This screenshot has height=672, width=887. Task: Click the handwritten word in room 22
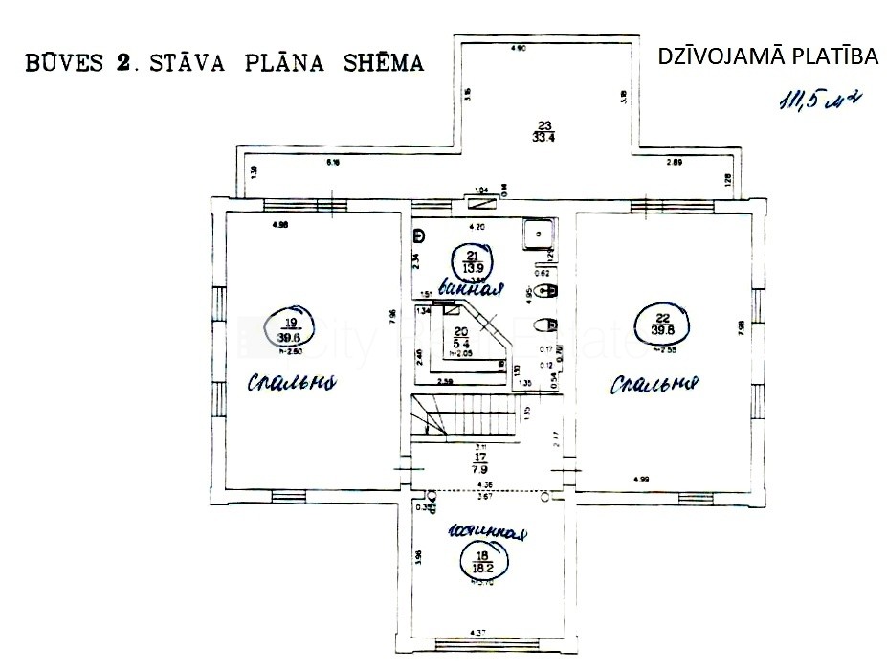pyautogui.click(x=655, y=385)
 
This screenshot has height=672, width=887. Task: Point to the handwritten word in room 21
pyautogui.click(x=469, y=284)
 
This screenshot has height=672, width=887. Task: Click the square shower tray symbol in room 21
pyautogui.click(x=540, y=233)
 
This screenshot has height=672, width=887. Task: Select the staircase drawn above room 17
pyautogui.click(x=469, y=416)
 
